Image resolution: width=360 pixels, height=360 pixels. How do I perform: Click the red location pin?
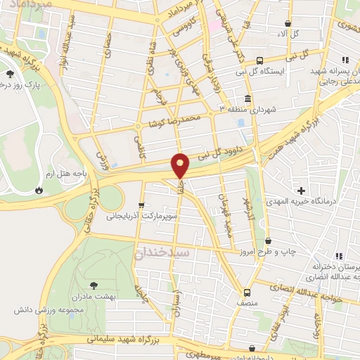click(181, 165)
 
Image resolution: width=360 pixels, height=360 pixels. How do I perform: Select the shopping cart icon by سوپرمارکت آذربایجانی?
click(142, 205)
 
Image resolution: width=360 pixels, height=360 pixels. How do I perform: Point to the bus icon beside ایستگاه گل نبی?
click(261, 60)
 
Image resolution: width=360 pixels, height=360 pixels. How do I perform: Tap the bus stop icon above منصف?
click(247, 292)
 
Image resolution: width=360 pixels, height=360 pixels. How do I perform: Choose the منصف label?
click(247, 304)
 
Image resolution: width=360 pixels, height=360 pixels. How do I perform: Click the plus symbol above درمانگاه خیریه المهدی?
click(302, 191)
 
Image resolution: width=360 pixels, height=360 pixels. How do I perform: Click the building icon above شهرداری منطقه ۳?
click(247, 98)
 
